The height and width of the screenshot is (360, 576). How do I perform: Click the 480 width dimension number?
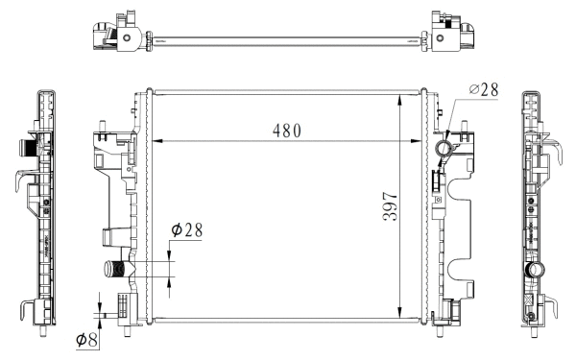click(x=285, y=131)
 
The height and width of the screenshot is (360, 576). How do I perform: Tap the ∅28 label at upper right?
click(x=484, y=90)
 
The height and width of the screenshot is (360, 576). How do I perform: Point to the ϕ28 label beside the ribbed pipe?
click(x=187, y=230)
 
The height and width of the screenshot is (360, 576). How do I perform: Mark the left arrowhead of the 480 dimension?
click(x=157, y=142)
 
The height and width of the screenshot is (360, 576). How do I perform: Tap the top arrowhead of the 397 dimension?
click(x=400, y=98)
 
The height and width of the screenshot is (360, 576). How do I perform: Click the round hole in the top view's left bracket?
click(x=126, y=37)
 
